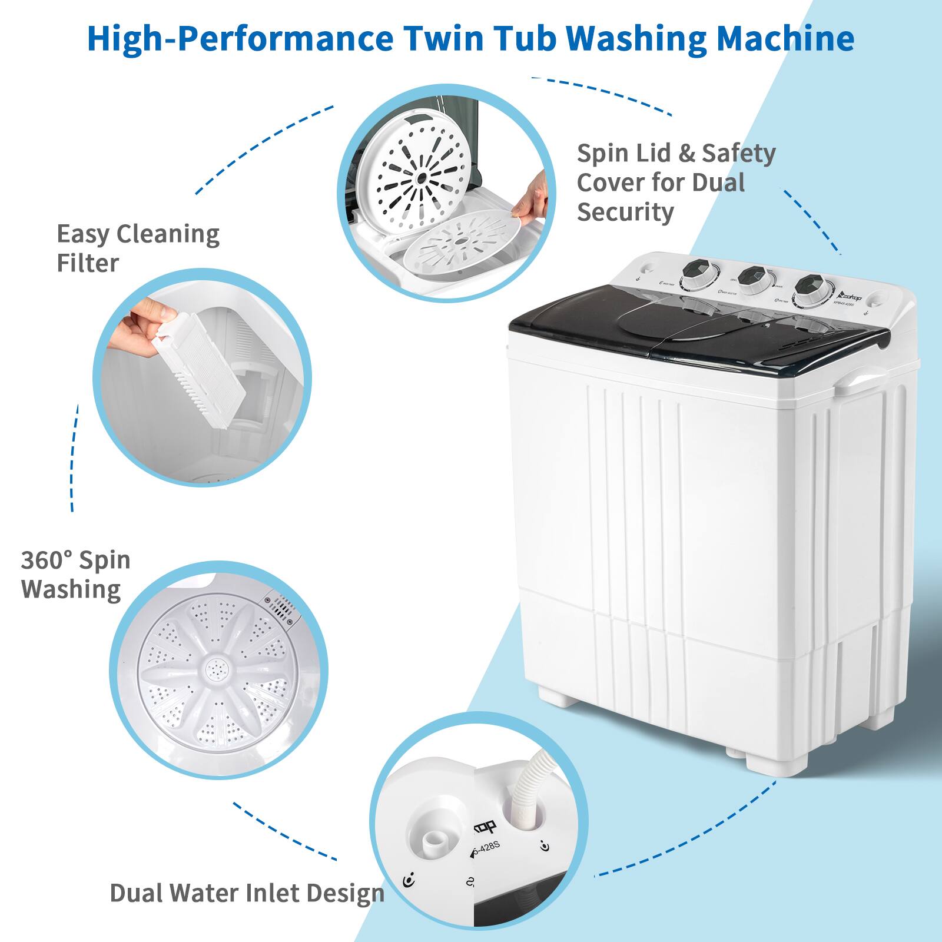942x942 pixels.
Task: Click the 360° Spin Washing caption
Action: pos(75,574)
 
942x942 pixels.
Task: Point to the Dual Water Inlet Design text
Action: pos(247,893)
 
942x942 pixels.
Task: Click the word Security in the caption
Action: pos(625,212)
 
